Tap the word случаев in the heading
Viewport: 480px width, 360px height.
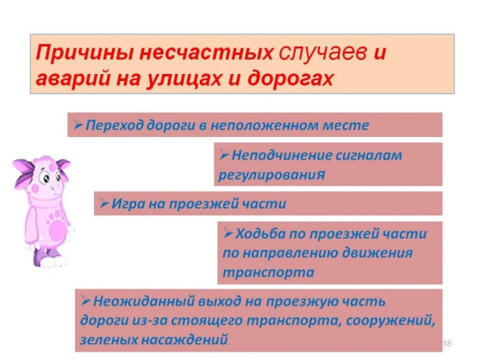[322, 53]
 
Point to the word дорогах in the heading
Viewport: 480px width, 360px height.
[290, 79]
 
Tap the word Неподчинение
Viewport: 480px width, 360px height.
[281, 155]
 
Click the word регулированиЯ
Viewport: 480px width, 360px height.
[271, 175]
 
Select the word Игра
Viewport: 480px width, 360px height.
[128, 204]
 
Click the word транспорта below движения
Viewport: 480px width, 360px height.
[268, 272]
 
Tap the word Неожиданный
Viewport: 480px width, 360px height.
[144, 301]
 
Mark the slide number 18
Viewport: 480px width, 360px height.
[447, 344]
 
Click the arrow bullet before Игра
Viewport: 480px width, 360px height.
[104, 202]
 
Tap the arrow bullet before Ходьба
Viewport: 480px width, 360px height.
[228, 233]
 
